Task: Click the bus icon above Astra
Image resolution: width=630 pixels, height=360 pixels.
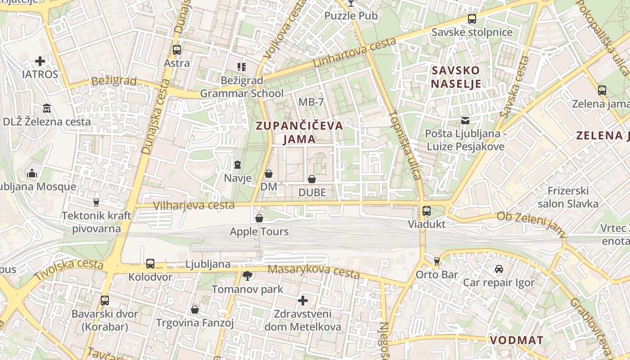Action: (x=177, y=50)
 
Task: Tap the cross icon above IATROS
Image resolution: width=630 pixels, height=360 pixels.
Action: (x=40, y=61)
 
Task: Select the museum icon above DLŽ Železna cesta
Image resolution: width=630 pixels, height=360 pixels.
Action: (x=47, y=108)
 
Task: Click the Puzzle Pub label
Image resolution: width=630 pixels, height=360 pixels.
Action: (x=351, y=16)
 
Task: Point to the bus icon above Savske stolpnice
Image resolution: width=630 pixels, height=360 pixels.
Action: (x=472, y=19)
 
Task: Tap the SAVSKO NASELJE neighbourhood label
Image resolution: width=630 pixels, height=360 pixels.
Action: (x=456, y=77)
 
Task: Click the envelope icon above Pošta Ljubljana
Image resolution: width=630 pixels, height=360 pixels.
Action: (x=465, y=121)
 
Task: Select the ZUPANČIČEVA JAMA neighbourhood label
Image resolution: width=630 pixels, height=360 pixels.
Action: (x=299, y=132)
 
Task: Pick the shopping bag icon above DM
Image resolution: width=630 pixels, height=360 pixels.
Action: (x=269, y=173)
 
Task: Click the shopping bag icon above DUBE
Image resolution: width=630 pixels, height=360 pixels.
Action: (x=312, y=179)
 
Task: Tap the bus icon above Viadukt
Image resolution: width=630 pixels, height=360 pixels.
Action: (x=427, y=211)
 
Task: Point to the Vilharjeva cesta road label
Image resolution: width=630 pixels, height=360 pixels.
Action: (x=193, y=206)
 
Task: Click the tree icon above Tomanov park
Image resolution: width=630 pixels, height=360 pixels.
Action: (x=247, y=275)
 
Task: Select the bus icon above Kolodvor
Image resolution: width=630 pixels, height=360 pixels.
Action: (x=150, y=264)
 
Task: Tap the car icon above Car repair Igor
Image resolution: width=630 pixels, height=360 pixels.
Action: (x=499, y=269)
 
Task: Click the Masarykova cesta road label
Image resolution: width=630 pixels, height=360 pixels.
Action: (x=314, y=271)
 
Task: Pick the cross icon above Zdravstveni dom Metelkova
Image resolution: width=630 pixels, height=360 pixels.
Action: (x=303, y=300)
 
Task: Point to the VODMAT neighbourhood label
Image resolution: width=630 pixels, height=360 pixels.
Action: (x=517, y=340)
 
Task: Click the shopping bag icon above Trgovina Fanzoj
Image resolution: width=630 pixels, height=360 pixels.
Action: (x=195, y=310)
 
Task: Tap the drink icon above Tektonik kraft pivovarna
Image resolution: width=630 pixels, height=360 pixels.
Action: (x=96, y=202)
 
